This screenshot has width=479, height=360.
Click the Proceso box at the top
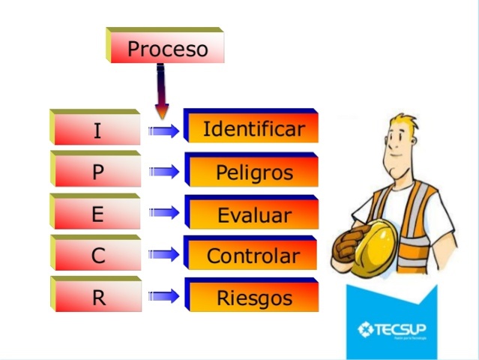pos(166,49)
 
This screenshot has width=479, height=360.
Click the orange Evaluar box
pos(253,215)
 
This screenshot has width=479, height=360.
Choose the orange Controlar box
pos(253,256)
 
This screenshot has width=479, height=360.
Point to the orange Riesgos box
pos(253,298)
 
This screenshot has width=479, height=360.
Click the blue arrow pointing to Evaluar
pos(164,213)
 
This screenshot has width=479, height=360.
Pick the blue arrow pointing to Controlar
pos(164,255)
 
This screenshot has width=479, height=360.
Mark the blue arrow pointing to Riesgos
pos(164,296)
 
